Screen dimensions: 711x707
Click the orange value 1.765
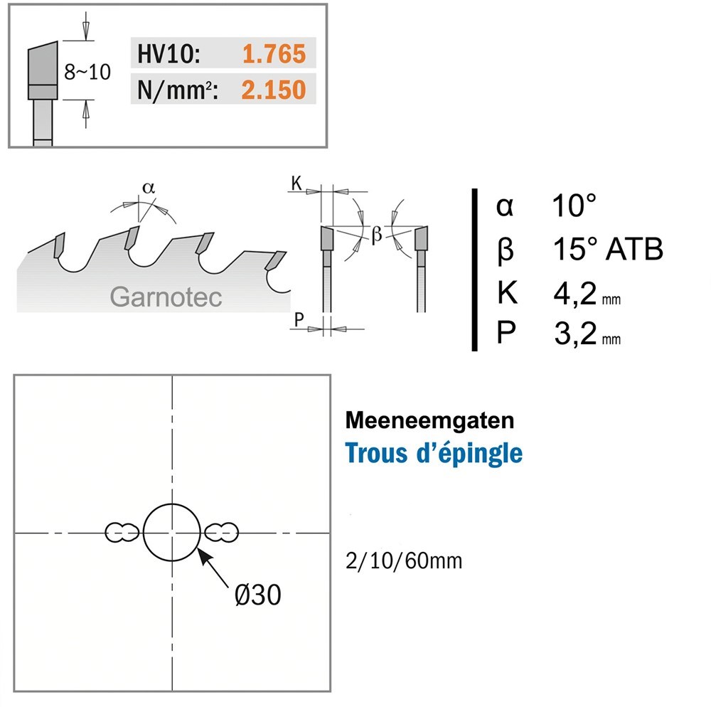[274, 53]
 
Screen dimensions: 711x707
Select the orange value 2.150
[274, 90]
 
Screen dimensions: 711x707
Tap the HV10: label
[169, 54]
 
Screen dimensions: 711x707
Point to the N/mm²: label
[177, 90]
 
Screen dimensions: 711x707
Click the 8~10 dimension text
[87, 72]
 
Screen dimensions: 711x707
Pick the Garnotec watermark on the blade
[166, 297]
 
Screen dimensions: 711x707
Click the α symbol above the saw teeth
[149, 187]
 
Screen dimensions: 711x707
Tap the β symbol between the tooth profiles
[376, 235]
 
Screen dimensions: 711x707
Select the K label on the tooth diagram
[296, 183]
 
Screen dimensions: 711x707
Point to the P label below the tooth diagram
[299, 319]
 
